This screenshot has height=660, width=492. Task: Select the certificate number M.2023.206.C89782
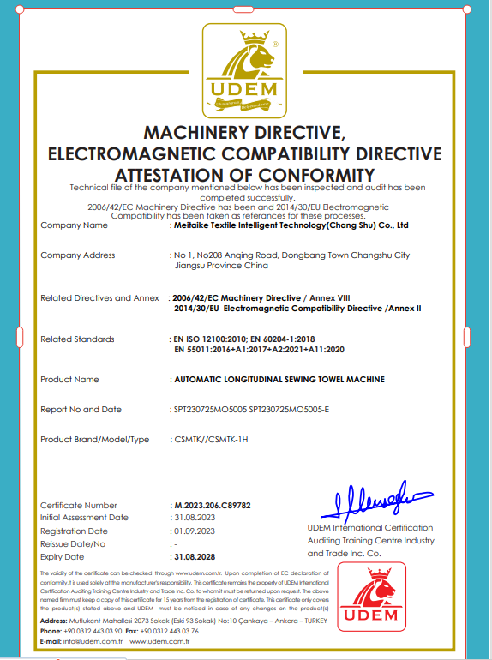212,506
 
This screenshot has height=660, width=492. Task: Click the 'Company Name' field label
75,225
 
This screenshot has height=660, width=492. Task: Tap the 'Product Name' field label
69,379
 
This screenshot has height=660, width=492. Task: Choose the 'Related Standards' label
77,339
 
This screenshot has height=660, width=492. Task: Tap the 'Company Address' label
78,255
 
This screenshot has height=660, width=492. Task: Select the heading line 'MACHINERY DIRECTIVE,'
244,134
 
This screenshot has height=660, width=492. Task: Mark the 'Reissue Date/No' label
73,543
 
